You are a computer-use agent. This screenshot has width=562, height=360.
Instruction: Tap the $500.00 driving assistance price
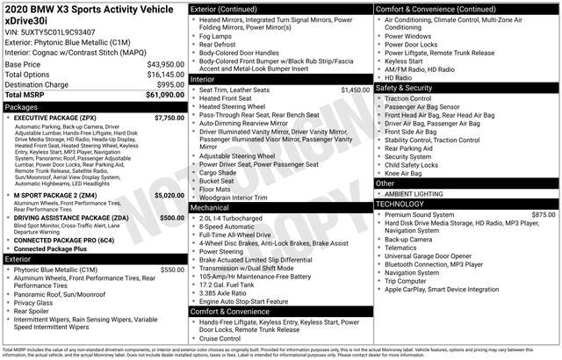pyautogui.click(x=171, y=218)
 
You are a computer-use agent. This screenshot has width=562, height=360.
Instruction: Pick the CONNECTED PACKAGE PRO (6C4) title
pyautogui.click(x=64, y=240)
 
